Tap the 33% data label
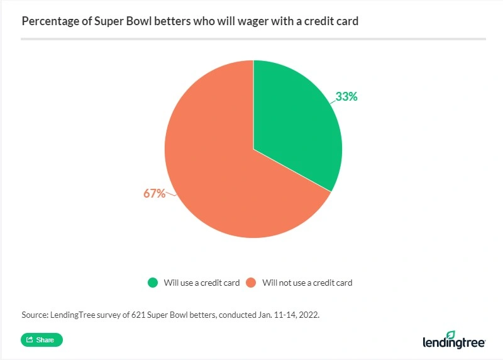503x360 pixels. pyautogui.click(x=346, y=97)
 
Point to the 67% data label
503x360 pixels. pyautogui.click(x=154, y=193)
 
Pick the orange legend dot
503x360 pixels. pyautogui.click(x=250, y=283)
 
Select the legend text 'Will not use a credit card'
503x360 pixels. pyautogui.click(x=307, y=283)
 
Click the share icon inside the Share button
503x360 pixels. pyautogui.click(x=29, y=340)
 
